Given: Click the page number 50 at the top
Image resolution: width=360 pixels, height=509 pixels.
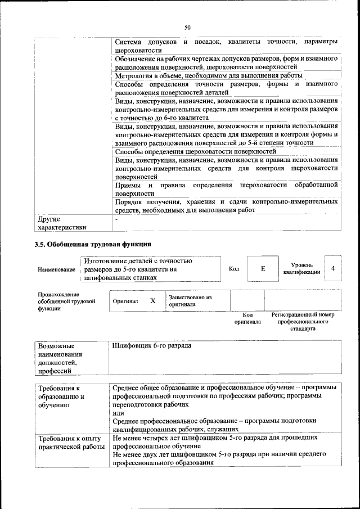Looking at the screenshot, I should click(x=188, y=26).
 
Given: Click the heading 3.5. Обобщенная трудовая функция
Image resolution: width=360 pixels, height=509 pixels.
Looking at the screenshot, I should click(x=92, y=244).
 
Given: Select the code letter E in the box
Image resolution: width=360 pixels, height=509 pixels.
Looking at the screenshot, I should click(x=263, y=269).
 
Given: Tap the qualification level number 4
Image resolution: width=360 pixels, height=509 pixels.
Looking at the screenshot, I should click(x=333, y=268).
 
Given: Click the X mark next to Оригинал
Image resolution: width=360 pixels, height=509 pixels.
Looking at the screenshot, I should click(x=152, y=301).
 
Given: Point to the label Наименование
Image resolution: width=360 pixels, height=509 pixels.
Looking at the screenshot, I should click(x=56, y=270).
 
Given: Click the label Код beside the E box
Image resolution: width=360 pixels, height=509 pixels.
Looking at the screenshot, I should click(x=234, y=269).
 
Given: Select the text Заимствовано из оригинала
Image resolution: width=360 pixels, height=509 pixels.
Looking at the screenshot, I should click(x=190, y=300).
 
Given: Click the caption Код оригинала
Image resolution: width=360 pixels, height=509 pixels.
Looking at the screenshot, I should click(x=247, y=318).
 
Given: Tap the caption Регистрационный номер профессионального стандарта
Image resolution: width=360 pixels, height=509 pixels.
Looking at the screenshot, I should click(x=303, y=321).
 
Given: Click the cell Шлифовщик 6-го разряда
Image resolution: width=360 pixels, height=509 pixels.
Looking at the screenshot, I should click(x=152, y=345).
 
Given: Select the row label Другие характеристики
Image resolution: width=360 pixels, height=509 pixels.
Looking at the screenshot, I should click(x=62, y=223).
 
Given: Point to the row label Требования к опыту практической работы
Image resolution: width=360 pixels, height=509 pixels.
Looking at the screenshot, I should click(x=69, y=442).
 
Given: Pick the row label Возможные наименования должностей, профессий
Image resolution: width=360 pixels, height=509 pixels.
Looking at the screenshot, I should click(x=60, y=358).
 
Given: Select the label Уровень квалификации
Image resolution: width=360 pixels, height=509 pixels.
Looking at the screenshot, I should click(x=302, y=268).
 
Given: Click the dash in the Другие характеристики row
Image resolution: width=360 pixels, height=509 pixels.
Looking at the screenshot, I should click(x=116, y=218).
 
